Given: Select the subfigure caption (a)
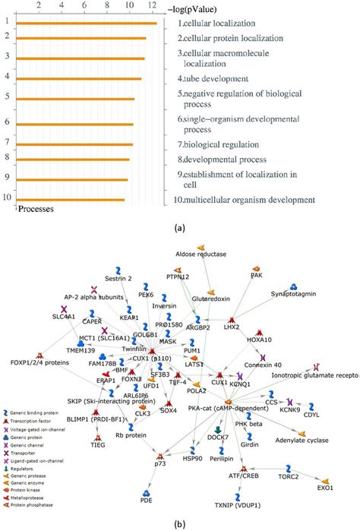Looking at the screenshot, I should tap(180, 227).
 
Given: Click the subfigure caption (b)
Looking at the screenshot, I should tap(180, 525).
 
